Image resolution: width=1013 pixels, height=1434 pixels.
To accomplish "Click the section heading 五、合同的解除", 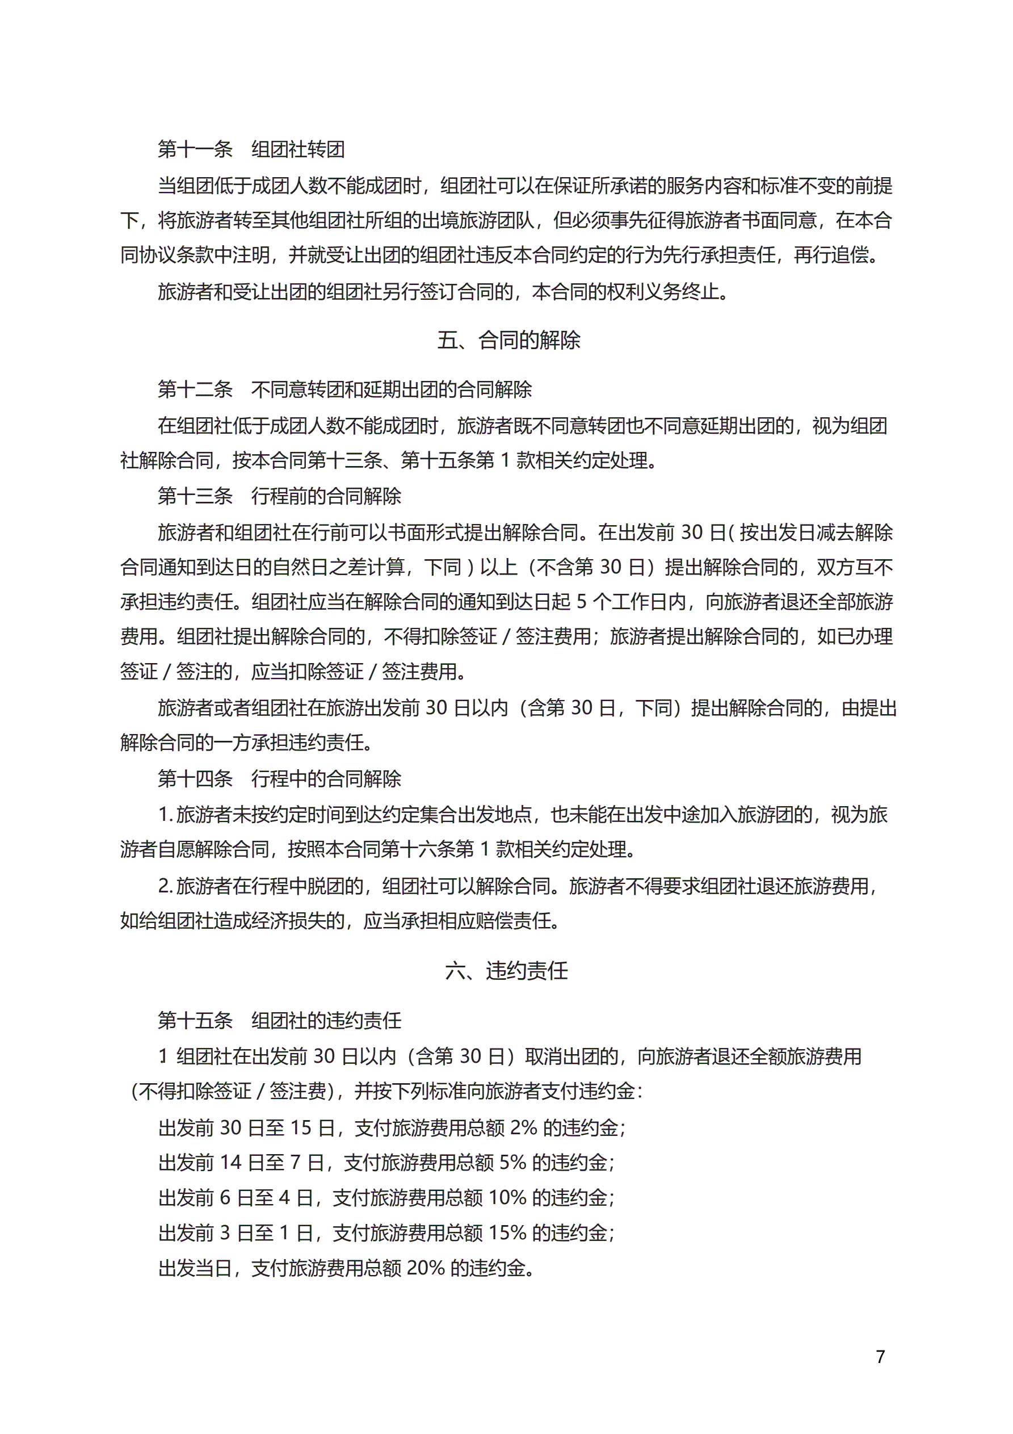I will [508, 341].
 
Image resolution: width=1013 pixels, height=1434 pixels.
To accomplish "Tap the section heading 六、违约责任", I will [506, 971].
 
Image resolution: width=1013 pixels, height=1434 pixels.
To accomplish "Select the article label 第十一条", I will [195, 149].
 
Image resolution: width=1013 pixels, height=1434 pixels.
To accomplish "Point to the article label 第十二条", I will [195, 390].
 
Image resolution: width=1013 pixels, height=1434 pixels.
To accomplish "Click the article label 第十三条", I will [195, 497].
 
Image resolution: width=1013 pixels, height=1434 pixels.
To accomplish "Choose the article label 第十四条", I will [195, 779].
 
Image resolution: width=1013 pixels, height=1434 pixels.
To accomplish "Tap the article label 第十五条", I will [195, 1021].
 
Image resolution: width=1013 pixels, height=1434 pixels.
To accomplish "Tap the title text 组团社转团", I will [298, 149].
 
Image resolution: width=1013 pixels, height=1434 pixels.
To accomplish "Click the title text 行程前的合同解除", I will [326, 497].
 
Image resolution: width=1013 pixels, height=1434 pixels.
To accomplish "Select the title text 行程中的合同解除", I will [326, 779].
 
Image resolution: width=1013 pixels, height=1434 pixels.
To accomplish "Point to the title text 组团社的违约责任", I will [326, 1021].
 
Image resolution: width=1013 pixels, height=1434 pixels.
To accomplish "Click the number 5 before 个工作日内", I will [582, 602].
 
